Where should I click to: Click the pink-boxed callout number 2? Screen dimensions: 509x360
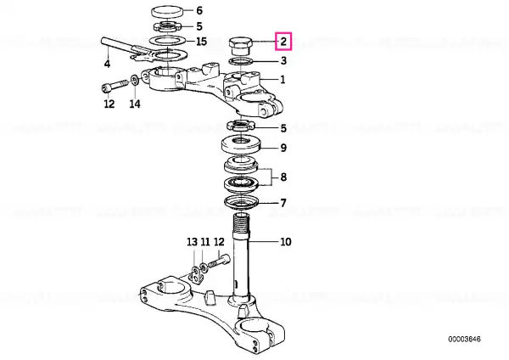283,42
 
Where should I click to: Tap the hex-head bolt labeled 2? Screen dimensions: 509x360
241,47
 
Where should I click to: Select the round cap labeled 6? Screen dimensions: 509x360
167,12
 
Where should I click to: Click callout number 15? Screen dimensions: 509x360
201,42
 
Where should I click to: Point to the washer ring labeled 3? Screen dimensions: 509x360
241,61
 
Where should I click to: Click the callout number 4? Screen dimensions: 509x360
107,64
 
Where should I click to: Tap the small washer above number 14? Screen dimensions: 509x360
135,81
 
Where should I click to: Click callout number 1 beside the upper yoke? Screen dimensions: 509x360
282,79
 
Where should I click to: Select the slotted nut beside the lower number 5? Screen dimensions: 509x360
241,125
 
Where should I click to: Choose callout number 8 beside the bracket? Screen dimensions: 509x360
283,177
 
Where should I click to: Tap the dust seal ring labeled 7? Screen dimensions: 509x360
241,202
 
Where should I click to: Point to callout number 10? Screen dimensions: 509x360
285,242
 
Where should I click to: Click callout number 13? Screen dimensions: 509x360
192,242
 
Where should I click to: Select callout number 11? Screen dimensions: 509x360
205,242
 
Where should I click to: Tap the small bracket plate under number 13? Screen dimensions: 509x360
196,276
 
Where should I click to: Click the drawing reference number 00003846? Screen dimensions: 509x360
464,340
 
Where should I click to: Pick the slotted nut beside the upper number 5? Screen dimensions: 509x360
167,26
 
